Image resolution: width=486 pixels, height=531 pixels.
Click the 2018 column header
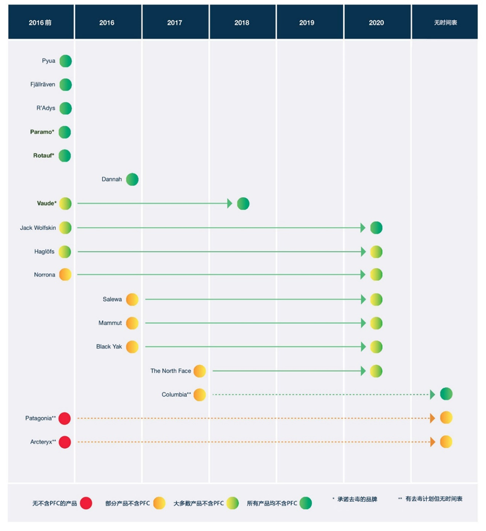pyautogui.click(x=241, y=22)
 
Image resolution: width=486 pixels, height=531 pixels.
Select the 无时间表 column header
pyautogui.click(x=444, y=22)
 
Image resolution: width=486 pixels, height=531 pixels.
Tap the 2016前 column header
pyautogui.click(x=41, y=22)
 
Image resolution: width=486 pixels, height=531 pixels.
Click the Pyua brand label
pyautogui.click(x=48, y=61)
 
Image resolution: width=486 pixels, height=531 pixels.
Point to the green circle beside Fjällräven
pyautogui.click(x=65, y=85)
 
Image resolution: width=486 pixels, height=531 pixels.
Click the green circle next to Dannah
pyautogui.click(x=132, y=179)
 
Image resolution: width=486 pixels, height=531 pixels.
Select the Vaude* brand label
pyautogui.click(x=46, y=203)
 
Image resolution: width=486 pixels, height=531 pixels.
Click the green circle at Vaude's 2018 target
pyautogui.click(x=243, y=204)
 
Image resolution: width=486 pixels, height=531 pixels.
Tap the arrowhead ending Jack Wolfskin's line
pyautogui.click(x=363, y=228)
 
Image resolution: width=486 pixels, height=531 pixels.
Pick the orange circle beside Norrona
pyautogui.click(x=65, y=275)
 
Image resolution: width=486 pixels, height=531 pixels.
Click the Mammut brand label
pyautogui.click(x=110, y=323)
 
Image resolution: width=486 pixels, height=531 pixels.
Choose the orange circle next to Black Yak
pyautogui.click(x=132, y=347)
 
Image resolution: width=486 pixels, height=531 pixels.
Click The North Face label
pyautogui.click(x=171, y=371)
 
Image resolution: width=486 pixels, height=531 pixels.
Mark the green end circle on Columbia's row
pyautogui.click(x=446, y=394)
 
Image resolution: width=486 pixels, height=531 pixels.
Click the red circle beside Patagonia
pyautogui.click(x=65, y=418)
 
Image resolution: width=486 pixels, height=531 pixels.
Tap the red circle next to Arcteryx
pyautogui.click(x=65, y=442)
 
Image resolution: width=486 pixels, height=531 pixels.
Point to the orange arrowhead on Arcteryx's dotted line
pyautogui.click(x=432, y=442)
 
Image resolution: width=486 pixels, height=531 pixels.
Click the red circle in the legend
pyautogui.click(x=85, y=503)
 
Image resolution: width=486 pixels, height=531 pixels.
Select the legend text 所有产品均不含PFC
pyautogui.click(x=271, y=503)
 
